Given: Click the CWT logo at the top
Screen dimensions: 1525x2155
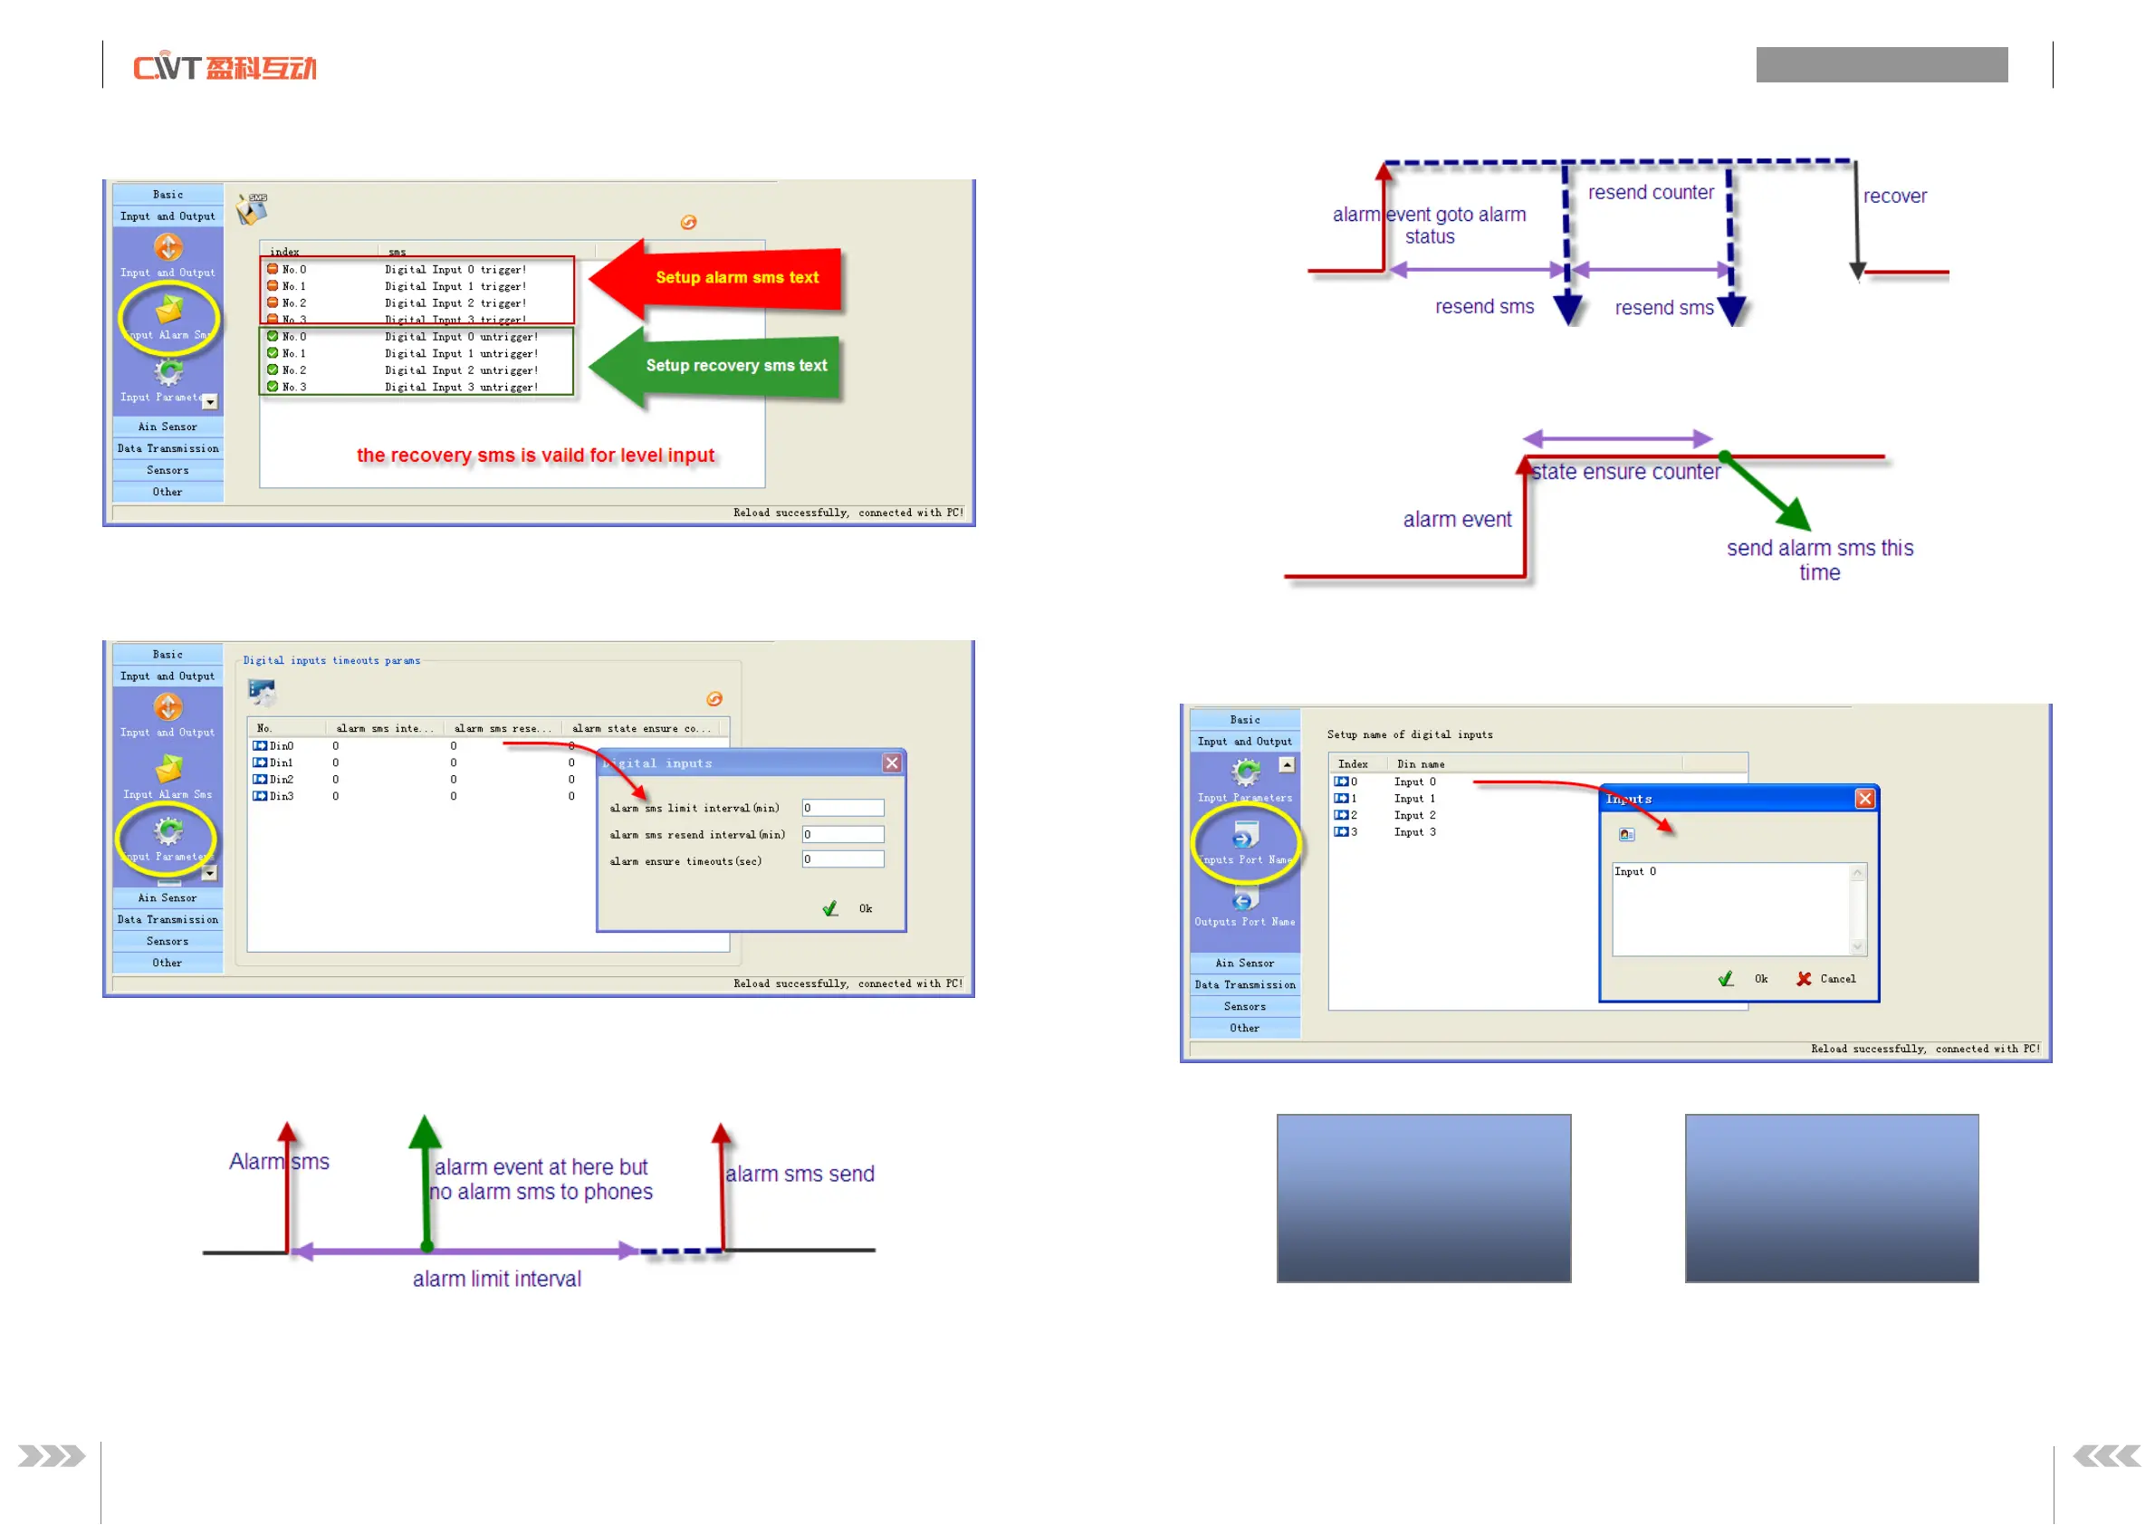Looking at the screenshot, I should click(x=225, y=68).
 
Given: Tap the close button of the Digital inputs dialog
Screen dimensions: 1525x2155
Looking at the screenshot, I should click(x=891, y=763).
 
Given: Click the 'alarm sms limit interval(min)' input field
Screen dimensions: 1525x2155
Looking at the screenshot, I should click(x=842, y=809).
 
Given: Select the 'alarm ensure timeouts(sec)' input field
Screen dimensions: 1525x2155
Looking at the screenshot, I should click(x=842, y=860).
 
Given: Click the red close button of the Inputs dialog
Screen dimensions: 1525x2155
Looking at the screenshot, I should click(x=1864, y=799).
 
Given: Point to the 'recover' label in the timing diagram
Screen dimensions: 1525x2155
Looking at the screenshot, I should click(x=1894, y=197).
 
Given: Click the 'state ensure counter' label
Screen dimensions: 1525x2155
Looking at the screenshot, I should click(x=1625, y=473).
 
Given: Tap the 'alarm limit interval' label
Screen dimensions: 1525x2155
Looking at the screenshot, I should click(x=497, y=1279).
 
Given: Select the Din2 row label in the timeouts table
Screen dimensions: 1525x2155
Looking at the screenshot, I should click(x=281, y=781).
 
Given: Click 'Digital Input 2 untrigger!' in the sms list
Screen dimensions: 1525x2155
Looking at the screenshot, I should click(x=461, y=371).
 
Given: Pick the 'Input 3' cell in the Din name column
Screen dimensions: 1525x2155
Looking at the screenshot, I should click(x=1414, y=833).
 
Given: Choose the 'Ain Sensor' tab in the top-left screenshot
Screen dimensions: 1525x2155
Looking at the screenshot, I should click(x=168, y=427).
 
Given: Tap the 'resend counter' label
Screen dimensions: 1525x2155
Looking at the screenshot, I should click(x=1650, y=193).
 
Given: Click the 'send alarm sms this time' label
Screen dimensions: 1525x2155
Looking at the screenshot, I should click(x=1819, y=561).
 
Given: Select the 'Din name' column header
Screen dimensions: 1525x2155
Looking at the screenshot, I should click(x=1420, y=764).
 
